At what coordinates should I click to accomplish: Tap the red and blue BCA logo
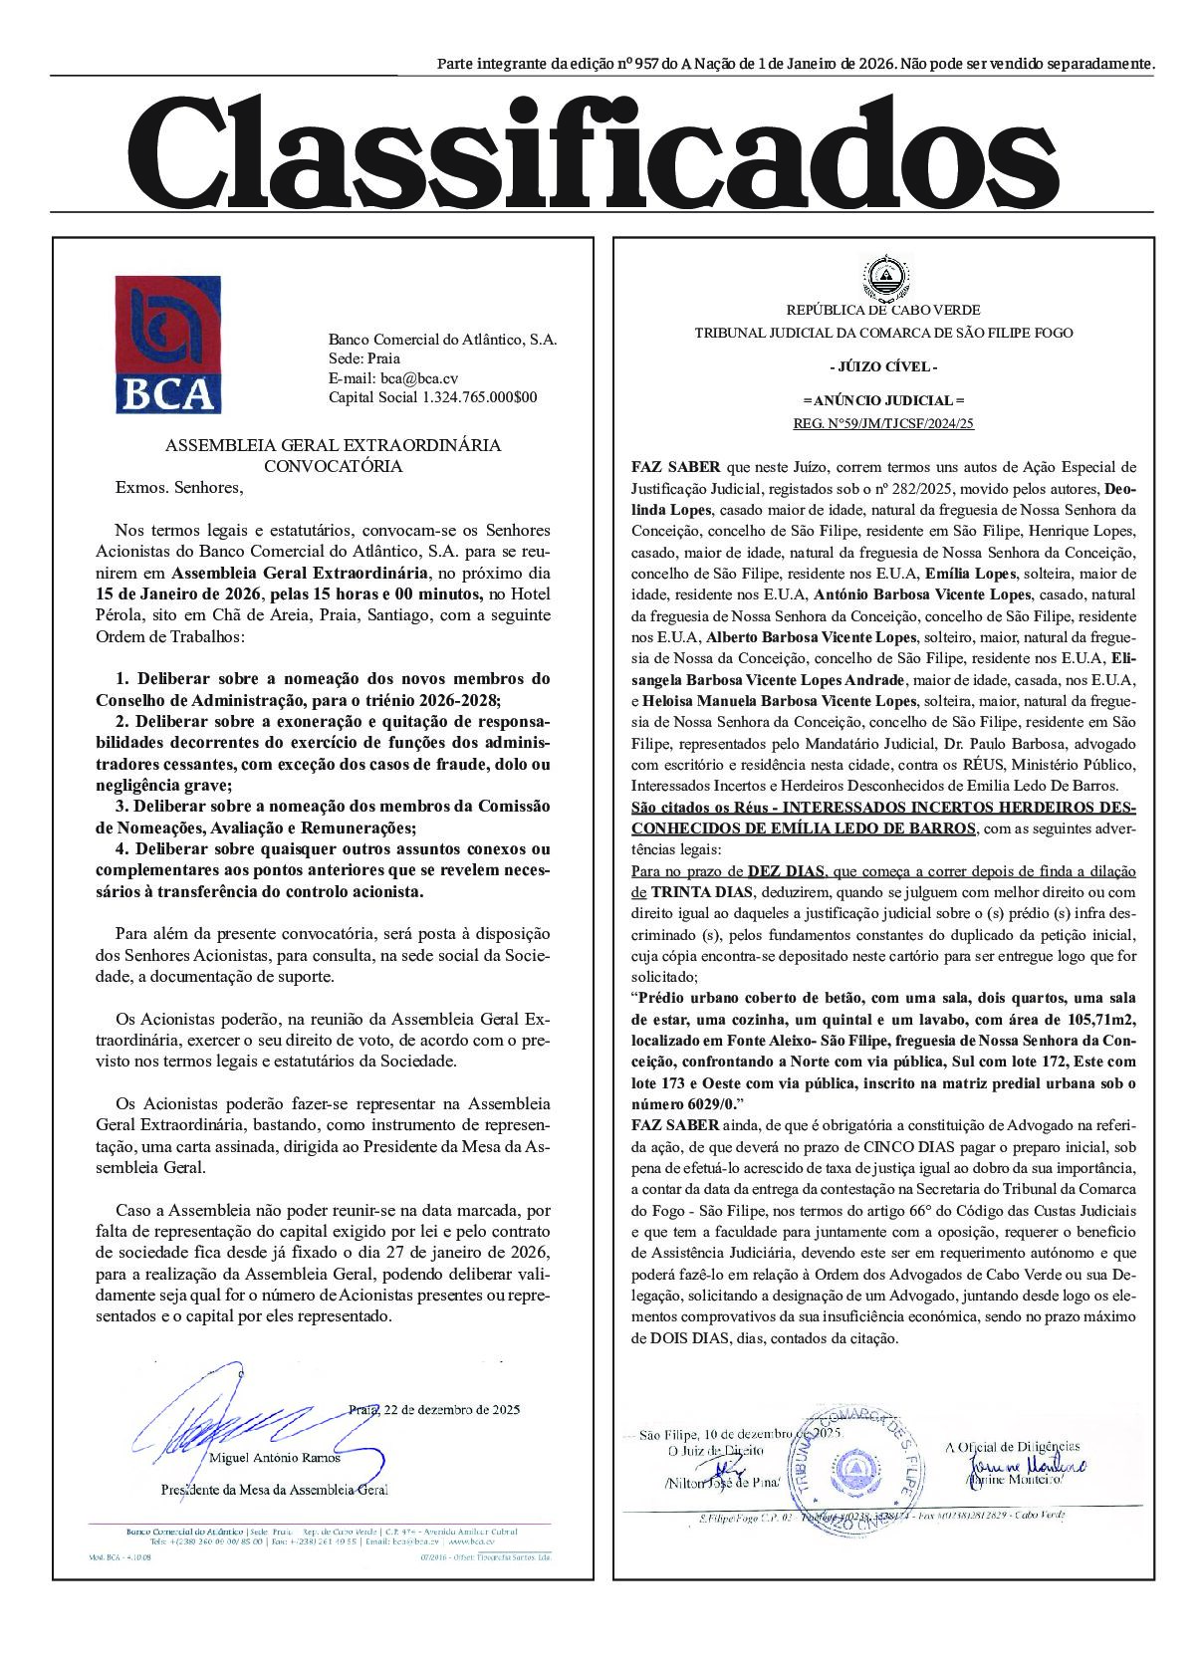167,345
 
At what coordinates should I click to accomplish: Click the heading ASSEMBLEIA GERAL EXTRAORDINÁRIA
333,445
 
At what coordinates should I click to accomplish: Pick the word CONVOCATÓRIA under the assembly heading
333,466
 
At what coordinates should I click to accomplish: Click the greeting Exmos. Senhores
179,488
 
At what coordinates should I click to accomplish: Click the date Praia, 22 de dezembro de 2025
434,1409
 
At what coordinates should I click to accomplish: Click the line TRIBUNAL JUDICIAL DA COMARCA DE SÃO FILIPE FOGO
883,333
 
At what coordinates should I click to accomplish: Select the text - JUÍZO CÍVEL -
883,366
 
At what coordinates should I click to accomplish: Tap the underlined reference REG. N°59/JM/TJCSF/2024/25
883,422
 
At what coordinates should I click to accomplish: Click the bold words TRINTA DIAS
697,891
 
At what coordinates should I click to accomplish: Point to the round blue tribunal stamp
854,1464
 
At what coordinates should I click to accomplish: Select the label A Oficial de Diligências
1012,1446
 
